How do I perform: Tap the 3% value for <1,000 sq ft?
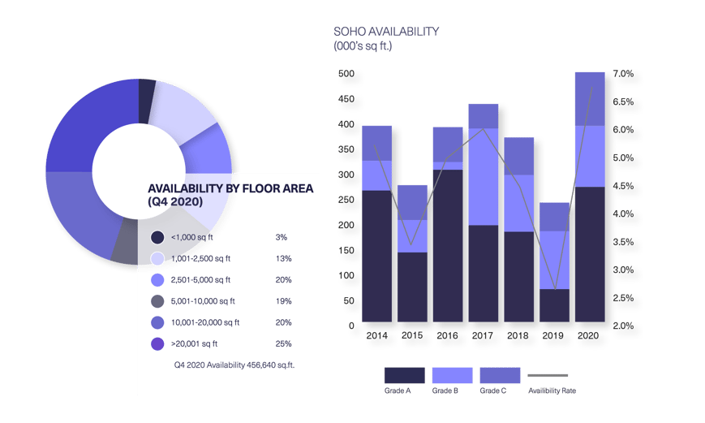point(282,237)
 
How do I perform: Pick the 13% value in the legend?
point(282,259)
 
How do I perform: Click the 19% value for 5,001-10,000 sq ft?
point(282,301)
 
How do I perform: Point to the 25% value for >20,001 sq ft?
point(282,344)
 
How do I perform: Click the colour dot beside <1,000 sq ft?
point(158,237)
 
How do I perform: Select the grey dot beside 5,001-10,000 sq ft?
point(158,301)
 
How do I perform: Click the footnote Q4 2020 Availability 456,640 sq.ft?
point(234,365)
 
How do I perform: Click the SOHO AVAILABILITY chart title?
point(386,32)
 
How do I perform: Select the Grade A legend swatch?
point(404,375)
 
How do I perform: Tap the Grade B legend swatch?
point(452,375)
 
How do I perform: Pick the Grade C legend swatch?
point(500,375)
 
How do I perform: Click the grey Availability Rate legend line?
point(548,376)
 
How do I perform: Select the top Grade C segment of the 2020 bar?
point(590,98)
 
